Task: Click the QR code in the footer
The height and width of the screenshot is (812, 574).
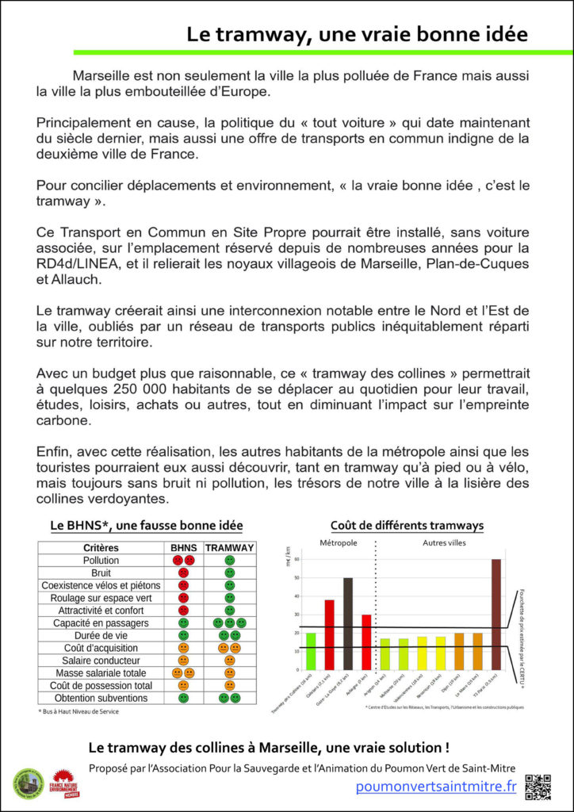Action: (x=538, y=786)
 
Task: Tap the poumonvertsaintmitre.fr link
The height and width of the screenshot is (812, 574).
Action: (x=436, y=787)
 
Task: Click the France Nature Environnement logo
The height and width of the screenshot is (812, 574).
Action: (x=65, y=783)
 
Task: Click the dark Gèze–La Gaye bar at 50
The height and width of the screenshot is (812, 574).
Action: (x=347, y=623)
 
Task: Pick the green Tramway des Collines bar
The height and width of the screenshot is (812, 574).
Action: (x=311, y=651)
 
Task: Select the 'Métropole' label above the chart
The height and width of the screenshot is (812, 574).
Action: (x=338, y=543)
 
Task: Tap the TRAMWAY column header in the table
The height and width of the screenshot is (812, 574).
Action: (x=229, y=548)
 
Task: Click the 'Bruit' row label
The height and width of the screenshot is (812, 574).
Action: (x=101, y=573)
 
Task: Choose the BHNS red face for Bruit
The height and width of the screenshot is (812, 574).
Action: (x=183, y=573)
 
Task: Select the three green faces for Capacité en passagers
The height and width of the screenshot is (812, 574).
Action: (x=229, y=623)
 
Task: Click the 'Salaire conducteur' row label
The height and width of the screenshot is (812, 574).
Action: (x=101, y=660)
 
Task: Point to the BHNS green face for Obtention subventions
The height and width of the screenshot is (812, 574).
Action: (x=183, y=698)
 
